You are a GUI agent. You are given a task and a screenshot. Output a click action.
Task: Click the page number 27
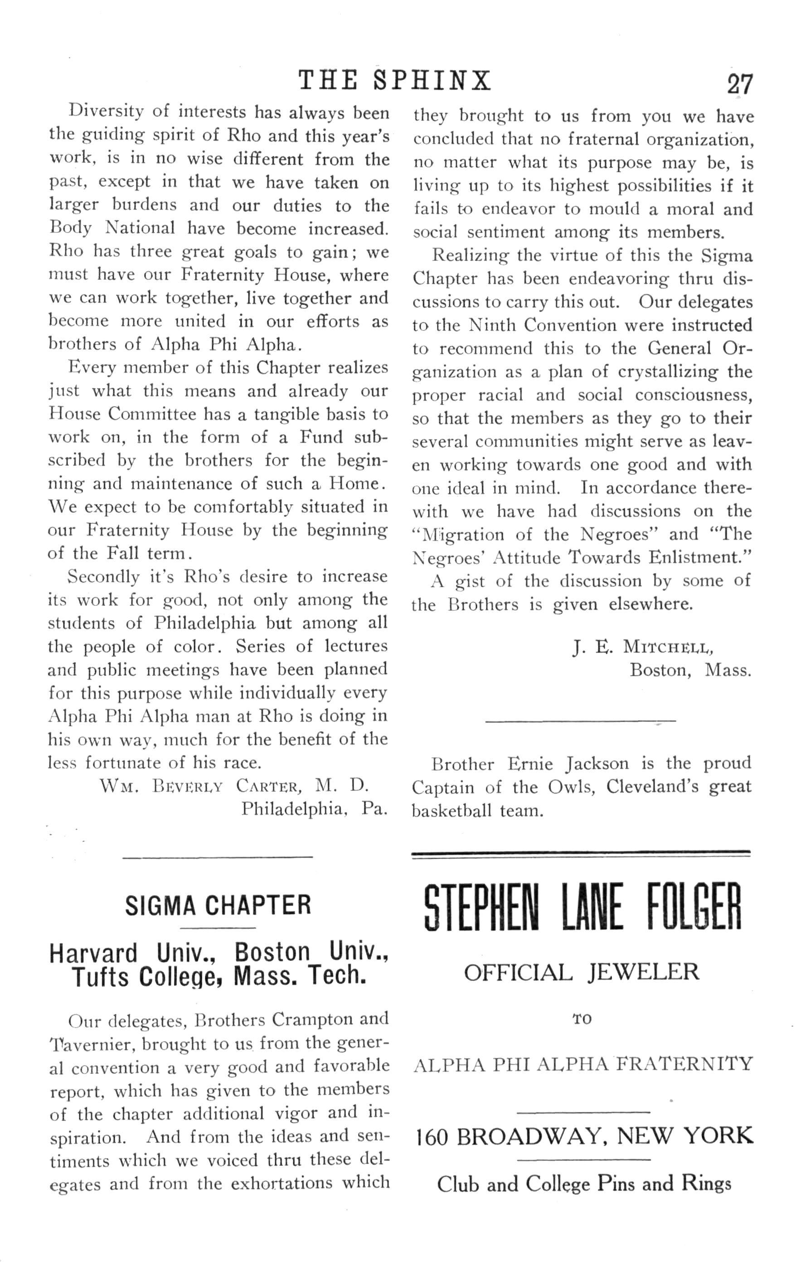coord(740,84)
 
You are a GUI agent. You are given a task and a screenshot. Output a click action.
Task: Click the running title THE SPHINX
coord(395,82)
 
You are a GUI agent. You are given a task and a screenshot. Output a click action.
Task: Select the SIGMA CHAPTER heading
coord(218,906)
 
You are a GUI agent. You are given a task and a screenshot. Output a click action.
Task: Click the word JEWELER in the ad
coord(643,973)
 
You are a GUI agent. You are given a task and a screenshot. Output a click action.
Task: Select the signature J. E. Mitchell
coord(643,648)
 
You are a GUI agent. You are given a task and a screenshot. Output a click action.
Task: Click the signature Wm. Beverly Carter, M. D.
coord(234,786)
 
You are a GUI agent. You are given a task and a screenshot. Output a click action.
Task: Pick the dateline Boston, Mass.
coord(690,671)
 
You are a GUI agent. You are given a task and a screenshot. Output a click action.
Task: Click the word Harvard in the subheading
coord(94,953)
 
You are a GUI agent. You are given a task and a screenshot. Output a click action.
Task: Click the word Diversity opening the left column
coord(105,112)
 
